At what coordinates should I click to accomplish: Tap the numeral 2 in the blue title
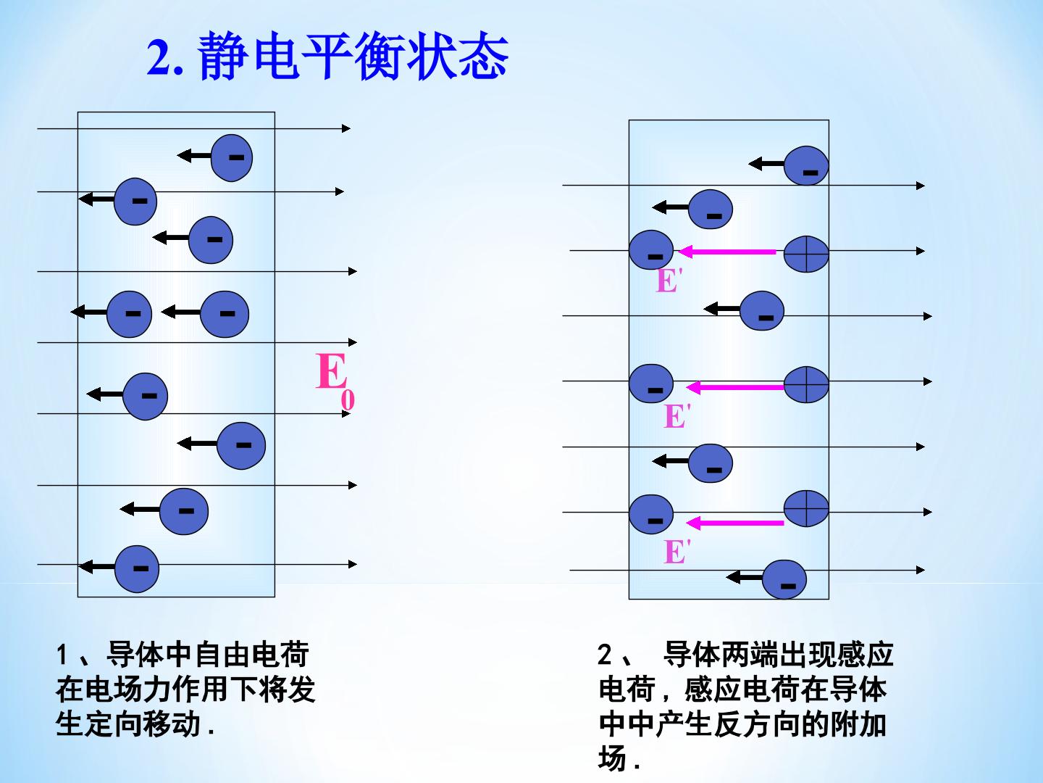point(159,57)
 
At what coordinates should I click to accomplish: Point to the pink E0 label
point(335,381)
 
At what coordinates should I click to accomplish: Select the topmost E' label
point(669,281)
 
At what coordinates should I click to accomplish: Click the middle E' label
point(677,416)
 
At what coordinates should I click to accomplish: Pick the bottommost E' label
point(677,552)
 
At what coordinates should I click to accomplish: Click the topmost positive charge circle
point(806,254)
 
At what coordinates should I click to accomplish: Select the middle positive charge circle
point(806,384)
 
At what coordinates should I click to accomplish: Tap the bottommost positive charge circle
point(806,508)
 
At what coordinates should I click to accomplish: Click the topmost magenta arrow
point(727,252)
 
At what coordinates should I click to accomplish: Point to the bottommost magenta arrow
point(734,523)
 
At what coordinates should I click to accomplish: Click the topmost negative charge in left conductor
point(231,158)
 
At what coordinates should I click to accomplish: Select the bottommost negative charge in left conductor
point(137,568)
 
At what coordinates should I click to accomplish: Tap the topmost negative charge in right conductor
point(806,165)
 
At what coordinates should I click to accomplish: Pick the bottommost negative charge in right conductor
point(784,579)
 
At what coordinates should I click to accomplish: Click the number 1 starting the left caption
point(62,655)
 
